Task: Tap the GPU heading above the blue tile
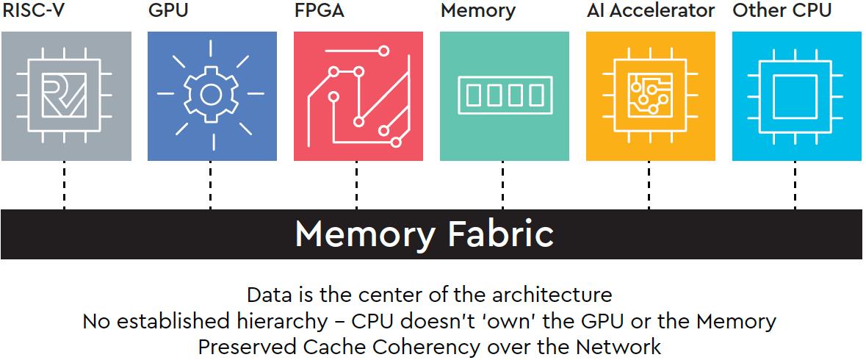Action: pyautogui.click(x=167, y=11)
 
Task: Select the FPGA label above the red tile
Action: pyautogui.click(x=319, y=11)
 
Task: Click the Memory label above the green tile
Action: pyautogui.click(x=478, y=11)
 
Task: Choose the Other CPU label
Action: pyautogui.click(x=782, y=11)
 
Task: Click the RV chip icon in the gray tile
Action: pyautogui.click(x=65, y=96)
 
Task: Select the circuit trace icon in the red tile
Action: pyautogui.click(x=358, y=96)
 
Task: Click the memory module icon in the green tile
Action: pyautogui.click(x=504, y=96)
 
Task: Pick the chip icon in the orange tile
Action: pyautogui.click(x=649, y=96)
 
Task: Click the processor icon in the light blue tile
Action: pyautogui.click(x=795, y=96)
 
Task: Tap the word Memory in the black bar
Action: pyautogui.click(x=365, y=234)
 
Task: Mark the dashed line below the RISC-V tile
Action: pyautogui.click(x=65, y=185)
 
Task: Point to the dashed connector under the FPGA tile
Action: pyautogui.click(x=358, y=185)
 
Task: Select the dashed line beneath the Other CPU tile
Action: pyautogui.click(x=795, y=185)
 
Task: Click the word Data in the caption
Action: pyautogui.click(x=264, y=295)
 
